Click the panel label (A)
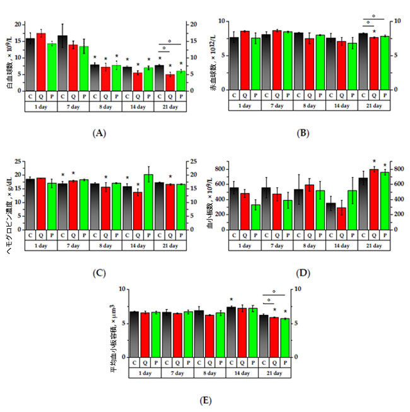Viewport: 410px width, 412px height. click(x=98, y=134)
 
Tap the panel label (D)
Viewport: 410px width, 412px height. click(x=303, y=273)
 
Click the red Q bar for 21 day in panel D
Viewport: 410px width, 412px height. click(x=373, y=199)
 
